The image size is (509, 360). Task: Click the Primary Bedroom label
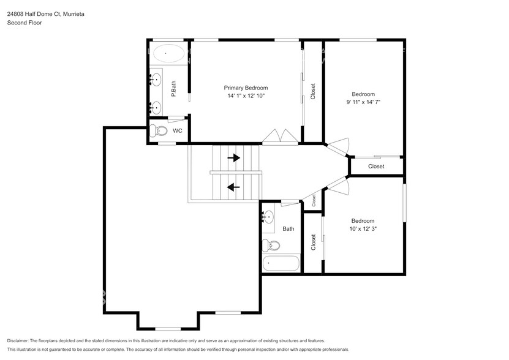[246, 88]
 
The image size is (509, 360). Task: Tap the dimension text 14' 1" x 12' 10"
[246, 96]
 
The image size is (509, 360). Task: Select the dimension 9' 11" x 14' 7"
[363, 102]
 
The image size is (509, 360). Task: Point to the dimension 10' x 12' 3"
[363, 229]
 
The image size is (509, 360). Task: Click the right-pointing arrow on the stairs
[233, 157]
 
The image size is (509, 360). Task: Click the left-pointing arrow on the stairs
[233, 187]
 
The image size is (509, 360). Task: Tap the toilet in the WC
[160, 131]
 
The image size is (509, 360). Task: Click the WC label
[177, 131]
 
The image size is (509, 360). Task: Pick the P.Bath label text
[174, 89]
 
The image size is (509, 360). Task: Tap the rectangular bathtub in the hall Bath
[281, 264]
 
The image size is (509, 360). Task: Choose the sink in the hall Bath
[268, 217]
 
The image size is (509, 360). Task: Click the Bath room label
[288, 229]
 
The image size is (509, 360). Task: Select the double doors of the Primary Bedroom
[281, 137]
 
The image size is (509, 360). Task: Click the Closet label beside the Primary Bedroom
[313, 91]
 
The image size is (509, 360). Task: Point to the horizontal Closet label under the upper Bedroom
[376, 167]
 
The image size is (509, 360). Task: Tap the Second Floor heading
[24, 23]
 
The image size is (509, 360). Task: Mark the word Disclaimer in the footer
[20, 340]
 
